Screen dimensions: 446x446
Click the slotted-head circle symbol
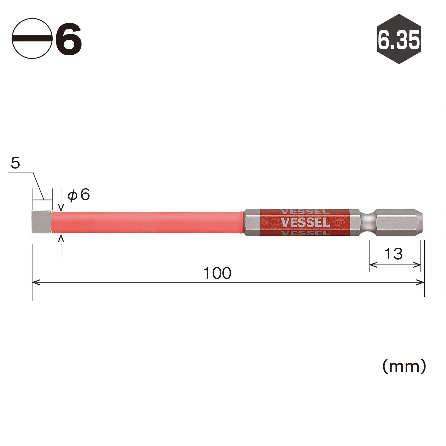coord(32,38)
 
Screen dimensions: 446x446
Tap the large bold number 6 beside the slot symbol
coord(69,39)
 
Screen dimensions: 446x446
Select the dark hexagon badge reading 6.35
coord(399,39)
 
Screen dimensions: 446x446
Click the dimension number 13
coord(393,254)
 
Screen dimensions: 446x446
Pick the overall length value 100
coord(217,273)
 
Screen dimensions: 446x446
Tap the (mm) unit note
coord(404,366)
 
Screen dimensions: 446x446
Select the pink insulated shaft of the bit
coord(147,222)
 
